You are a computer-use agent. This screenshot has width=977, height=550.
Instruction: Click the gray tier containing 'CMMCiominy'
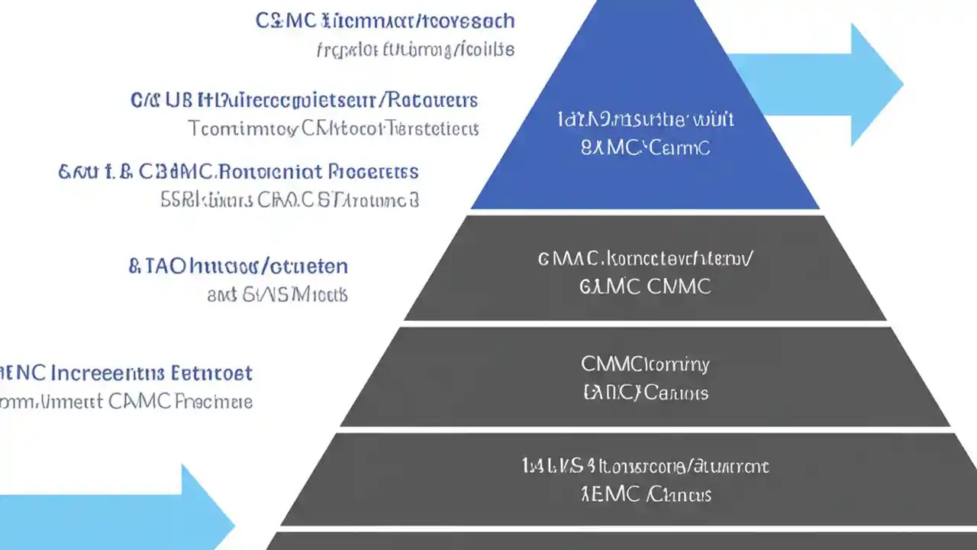pyautogui.click(x=645, y=377)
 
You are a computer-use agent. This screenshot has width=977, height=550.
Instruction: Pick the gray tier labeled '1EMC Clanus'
pyautogui.click(x=645, y=480)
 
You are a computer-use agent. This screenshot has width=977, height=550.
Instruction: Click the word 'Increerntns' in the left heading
pyautogui.click(x=108, y=374)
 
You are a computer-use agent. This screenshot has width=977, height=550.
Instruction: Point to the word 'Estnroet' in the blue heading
pyautogui.click(x=214, y=374)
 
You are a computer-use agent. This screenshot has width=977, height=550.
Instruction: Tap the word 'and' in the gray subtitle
pyautogui.click(x=221, y=295)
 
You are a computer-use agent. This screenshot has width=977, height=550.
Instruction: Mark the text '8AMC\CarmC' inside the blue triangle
pyautogui.click(x=645, y=147)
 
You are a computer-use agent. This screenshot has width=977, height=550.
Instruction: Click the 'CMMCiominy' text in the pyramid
pyautogui.click(x=645, y=364)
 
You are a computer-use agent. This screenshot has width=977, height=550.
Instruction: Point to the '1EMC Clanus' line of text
pyautogui.click(x=645, y=494)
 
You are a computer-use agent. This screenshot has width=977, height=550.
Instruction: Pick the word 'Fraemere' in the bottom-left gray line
pyautogui.click(x=213, y=401)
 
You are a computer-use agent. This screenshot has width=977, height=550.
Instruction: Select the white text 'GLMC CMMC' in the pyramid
pyautogui.click(x=645, y=286)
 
